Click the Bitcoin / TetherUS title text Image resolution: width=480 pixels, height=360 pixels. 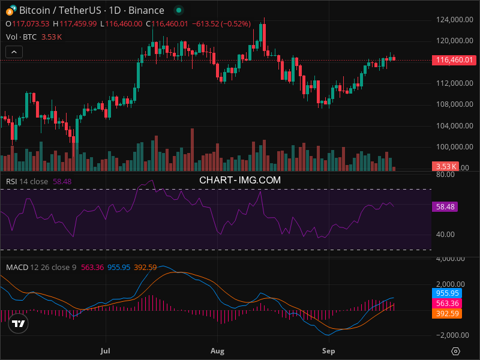click(x=60, y=10)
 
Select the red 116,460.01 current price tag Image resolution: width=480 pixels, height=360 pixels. click(x=454, y=60)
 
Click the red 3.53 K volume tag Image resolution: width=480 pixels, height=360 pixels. click(x=446, y=166)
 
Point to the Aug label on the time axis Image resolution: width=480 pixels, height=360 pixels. click(x=218, y=349)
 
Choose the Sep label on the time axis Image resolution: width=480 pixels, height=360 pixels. click(x=328, y=349)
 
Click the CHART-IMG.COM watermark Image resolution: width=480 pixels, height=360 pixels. click(x=240, y=179)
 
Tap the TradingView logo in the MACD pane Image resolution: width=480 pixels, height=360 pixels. click(x=19, y=324)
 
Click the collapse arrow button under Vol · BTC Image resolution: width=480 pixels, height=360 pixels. click(x=13, y=52)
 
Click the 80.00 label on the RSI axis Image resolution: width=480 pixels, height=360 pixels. click(x=445, y=175)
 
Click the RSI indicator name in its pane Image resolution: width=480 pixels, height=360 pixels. click(x=11, y=181)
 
